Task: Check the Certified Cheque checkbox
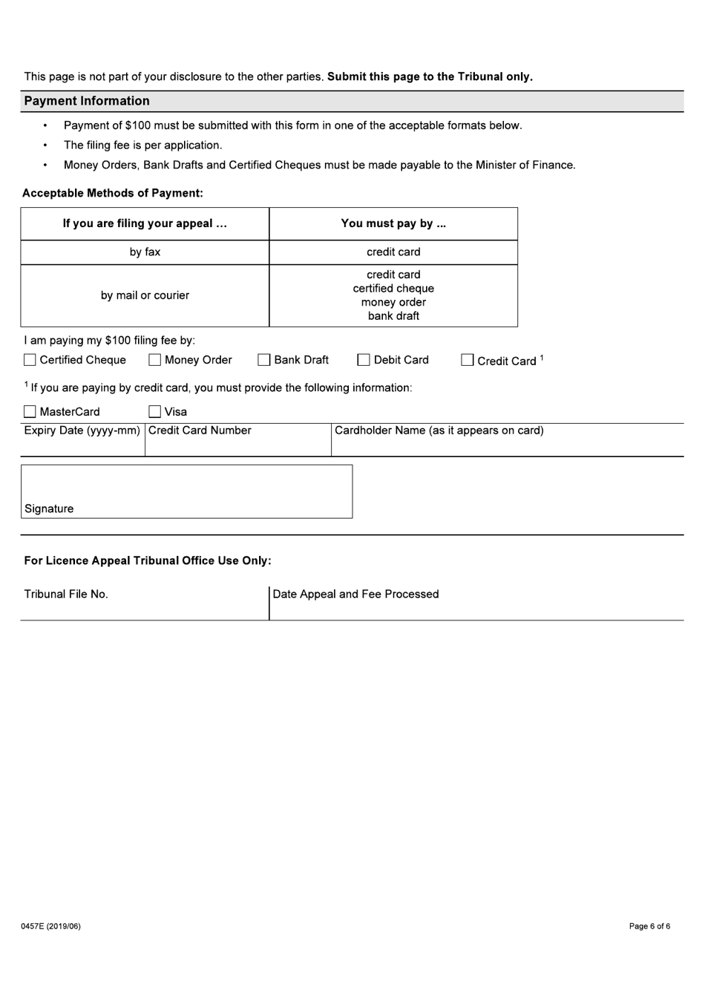coord(30,360)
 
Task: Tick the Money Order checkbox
coord(154,360)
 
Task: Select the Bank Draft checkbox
coord(263,360)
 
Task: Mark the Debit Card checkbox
coord(363,360)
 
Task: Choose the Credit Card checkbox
coord(467,360)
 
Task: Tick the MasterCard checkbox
coord(30,412)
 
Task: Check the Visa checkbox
coord(154,412)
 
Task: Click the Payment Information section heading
coord(87,101)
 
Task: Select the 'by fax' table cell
coord(145,252)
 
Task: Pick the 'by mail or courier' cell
coord(145,295)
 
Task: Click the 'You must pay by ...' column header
coord(393,223)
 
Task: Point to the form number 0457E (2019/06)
coord(50,926)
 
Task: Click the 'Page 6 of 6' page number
coord(649,926)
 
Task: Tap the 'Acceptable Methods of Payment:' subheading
coord(113,193)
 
